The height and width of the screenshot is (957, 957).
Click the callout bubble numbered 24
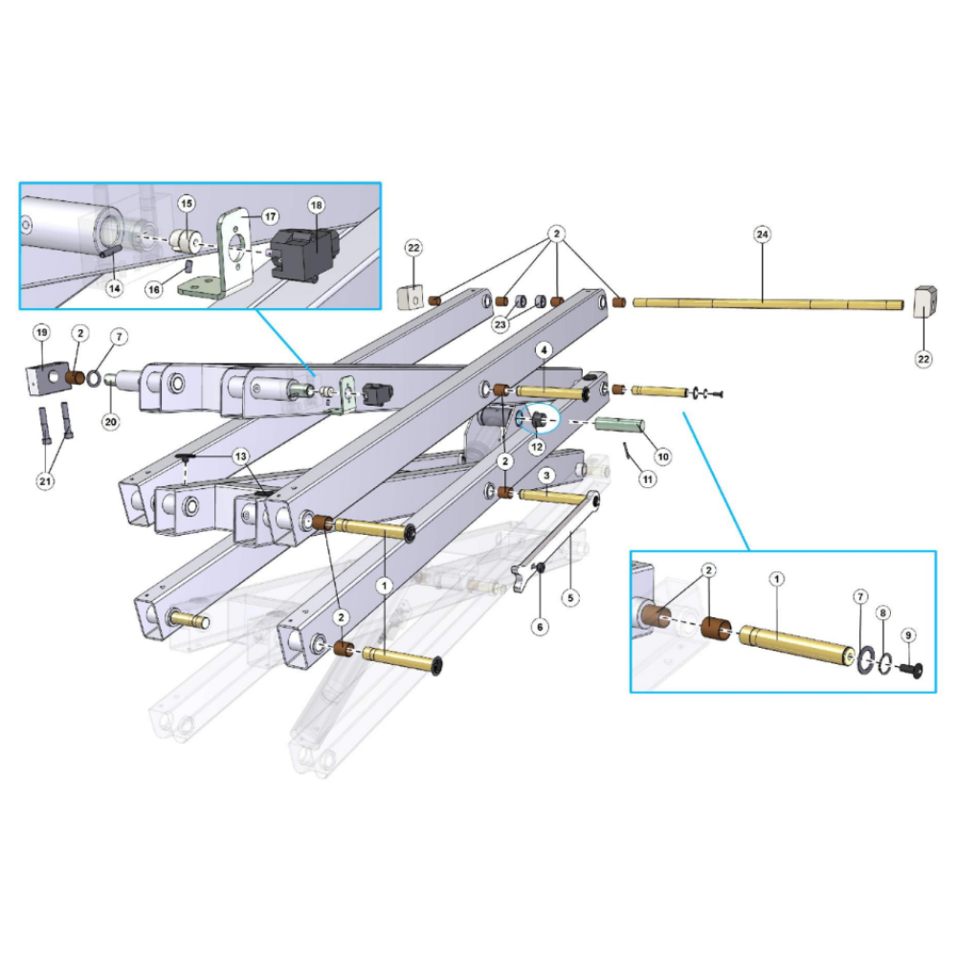click(x=763, y=234)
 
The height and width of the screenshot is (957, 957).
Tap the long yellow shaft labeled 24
click(x=768, y=303)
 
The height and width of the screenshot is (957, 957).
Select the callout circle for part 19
click(x=41, y=333)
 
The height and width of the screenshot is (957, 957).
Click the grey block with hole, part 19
click(x=47, y=377)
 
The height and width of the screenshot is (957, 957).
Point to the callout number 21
click(x=45, y=481)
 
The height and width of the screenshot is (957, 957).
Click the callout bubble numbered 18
click(x=316, y=205)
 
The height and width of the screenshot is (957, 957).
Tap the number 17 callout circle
click(x=271, y=216)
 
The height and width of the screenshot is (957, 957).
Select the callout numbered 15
click(x=187, y=203)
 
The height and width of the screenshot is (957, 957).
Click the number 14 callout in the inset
click(x=115, y=287)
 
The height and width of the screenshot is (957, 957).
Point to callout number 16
click(x=154, y=289)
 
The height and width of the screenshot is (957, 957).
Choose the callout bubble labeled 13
click(x=240, y=456)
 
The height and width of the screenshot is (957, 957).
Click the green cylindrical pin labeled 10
click(x=619, y=424)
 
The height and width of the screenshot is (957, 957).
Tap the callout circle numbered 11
click(x=648, y=479)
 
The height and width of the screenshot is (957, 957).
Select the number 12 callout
click(x=537, y=447)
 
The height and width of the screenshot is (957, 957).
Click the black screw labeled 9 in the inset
click(x=911, y=670)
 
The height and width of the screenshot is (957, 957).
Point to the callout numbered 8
click(x=883, y=612)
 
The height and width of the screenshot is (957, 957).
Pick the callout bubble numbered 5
click(x=570, y=597)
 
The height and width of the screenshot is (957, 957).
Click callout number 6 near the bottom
click(x=540, y=626)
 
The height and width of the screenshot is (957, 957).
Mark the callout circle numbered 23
click(x=501, y=324)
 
